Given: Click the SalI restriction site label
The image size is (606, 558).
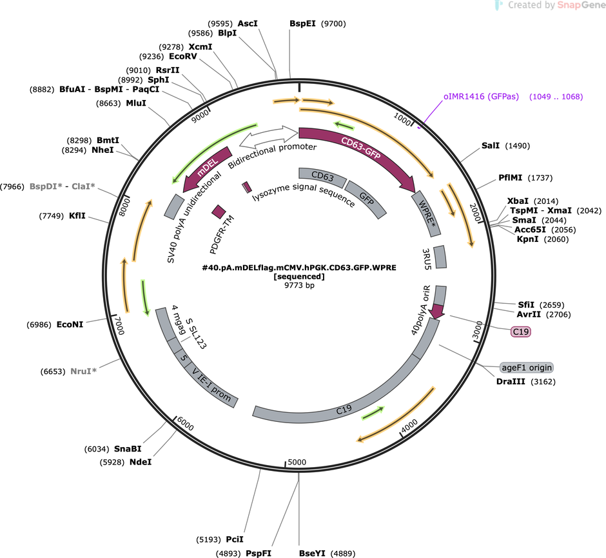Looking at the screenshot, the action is click(x=490, y=146).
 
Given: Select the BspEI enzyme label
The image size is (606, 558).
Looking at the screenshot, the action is click(x=302, y=24).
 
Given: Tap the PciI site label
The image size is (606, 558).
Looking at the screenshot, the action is click(x=235, y=539).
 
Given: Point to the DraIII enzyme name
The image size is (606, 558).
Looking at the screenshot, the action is click(x=511, y=382).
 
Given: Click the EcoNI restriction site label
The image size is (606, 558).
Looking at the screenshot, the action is click(x=70, y=324).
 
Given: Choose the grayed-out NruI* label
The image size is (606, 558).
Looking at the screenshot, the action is click(x=83, y=371).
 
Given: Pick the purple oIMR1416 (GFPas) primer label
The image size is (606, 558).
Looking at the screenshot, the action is click(x=481, y=97).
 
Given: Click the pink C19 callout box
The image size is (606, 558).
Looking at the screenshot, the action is click(x=520, y=332).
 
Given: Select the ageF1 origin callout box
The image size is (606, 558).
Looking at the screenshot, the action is click(x=527, y=367).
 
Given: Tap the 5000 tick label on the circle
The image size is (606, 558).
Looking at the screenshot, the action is click(x=297, y=462).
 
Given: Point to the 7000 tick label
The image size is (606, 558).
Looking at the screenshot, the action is click(x=119, y=326).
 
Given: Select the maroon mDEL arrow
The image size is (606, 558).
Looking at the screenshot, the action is click(x=206, y=168).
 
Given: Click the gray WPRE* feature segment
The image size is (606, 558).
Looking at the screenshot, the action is click(x=426, y=214).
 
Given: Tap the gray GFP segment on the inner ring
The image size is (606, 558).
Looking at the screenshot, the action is click(x=366, y=199).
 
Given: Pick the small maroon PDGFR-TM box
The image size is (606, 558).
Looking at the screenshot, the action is click(x=219, y=212).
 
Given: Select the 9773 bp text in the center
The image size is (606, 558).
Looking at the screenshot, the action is click(x=299, y=285).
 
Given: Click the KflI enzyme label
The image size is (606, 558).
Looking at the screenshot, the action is click(x=77, y=215).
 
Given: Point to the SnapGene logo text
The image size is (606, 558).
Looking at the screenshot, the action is click(x=582, y=5).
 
